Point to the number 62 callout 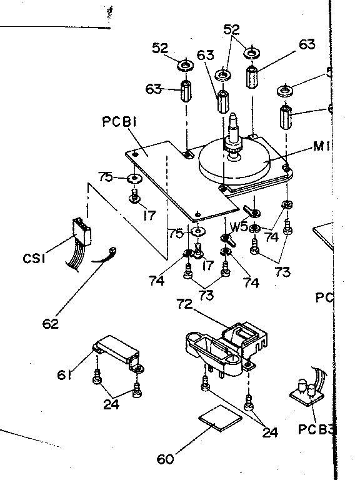[x=51, y=324]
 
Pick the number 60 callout [x=164, y=459]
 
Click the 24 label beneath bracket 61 [x=111, y=404]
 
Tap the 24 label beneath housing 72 [x=270, y=432]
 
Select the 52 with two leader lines [x=231, y=29]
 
